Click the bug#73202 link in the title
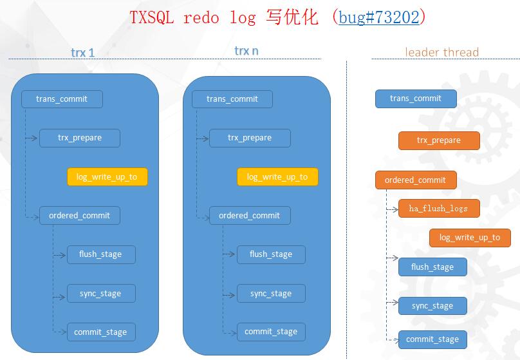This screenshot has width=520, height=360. pyautogui.click(x=379, y=17)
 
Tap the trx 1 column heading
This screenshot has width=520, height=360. pyautogui.click(x=82, y=53)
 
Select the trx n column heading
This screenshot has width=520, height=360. pyautogui.click(x=246, y=51)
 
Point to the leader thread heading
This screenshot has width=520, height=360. pyautogui.click(x=441, y=52)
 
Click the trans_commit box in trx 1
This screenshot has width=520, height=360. pyautogui.click(x=62, y=99)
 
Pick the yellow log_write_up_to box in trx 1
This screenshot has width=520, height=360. pyautogui.click(x=107, y=177)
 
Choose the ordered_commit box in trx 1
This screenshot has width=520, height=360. pyautogui.click(x=79, y=216)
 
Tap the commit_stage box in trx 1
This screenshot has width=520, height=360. pyautogui.click(x=100, y=332)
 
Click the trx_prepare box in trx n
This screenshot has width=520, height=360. pyautogui.click(x=250, y=138)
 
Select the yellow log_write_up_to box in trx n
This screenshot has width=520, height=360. pyautogui.click(x=277, y=177)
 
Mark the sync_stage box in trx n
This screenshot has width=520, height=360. pyautogui.click(x=271, y=294)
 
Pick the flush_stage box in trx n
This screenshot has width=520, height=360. pyautogui.click(x=271, y=254)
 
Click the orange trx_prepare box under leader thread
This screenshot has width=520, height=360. pyautogui.click(x=439, y=140)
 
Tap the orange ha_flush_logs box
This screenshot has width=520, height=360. pyautogui.click(x=438, y=209)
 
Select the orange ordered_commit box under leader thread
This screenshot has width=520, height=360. pyautogui.click(x=415, y=180)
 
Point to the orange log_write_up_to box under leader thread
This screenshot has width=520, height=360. pyautogui.click(x=470, y=238)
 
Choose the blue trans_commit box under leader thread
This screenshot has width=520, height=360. pyautogui.click(x=416, y=99)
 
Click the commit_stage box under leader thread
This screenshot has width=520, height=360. pyautogui.click(x=432, y=339)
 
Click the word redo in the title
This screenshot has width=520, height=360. pyautogui.click(x=201, y=17)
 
